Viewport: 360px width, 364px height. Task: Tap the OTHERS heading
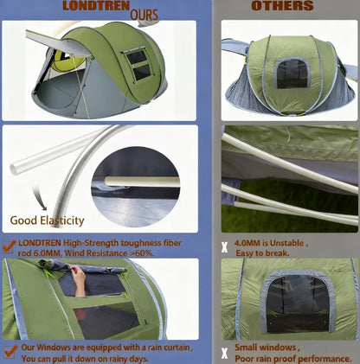tap(283, 7)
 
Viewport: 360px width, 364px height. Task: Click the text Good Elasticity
tap(47, 220)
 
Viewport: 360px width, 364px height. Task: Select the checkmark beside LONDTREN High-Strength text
tap(10, 246)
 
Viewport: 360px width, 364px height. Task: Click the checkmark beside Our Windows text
tap(10, 352)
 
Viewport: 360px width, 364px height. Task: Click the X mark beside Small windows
tap(225, 353)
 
